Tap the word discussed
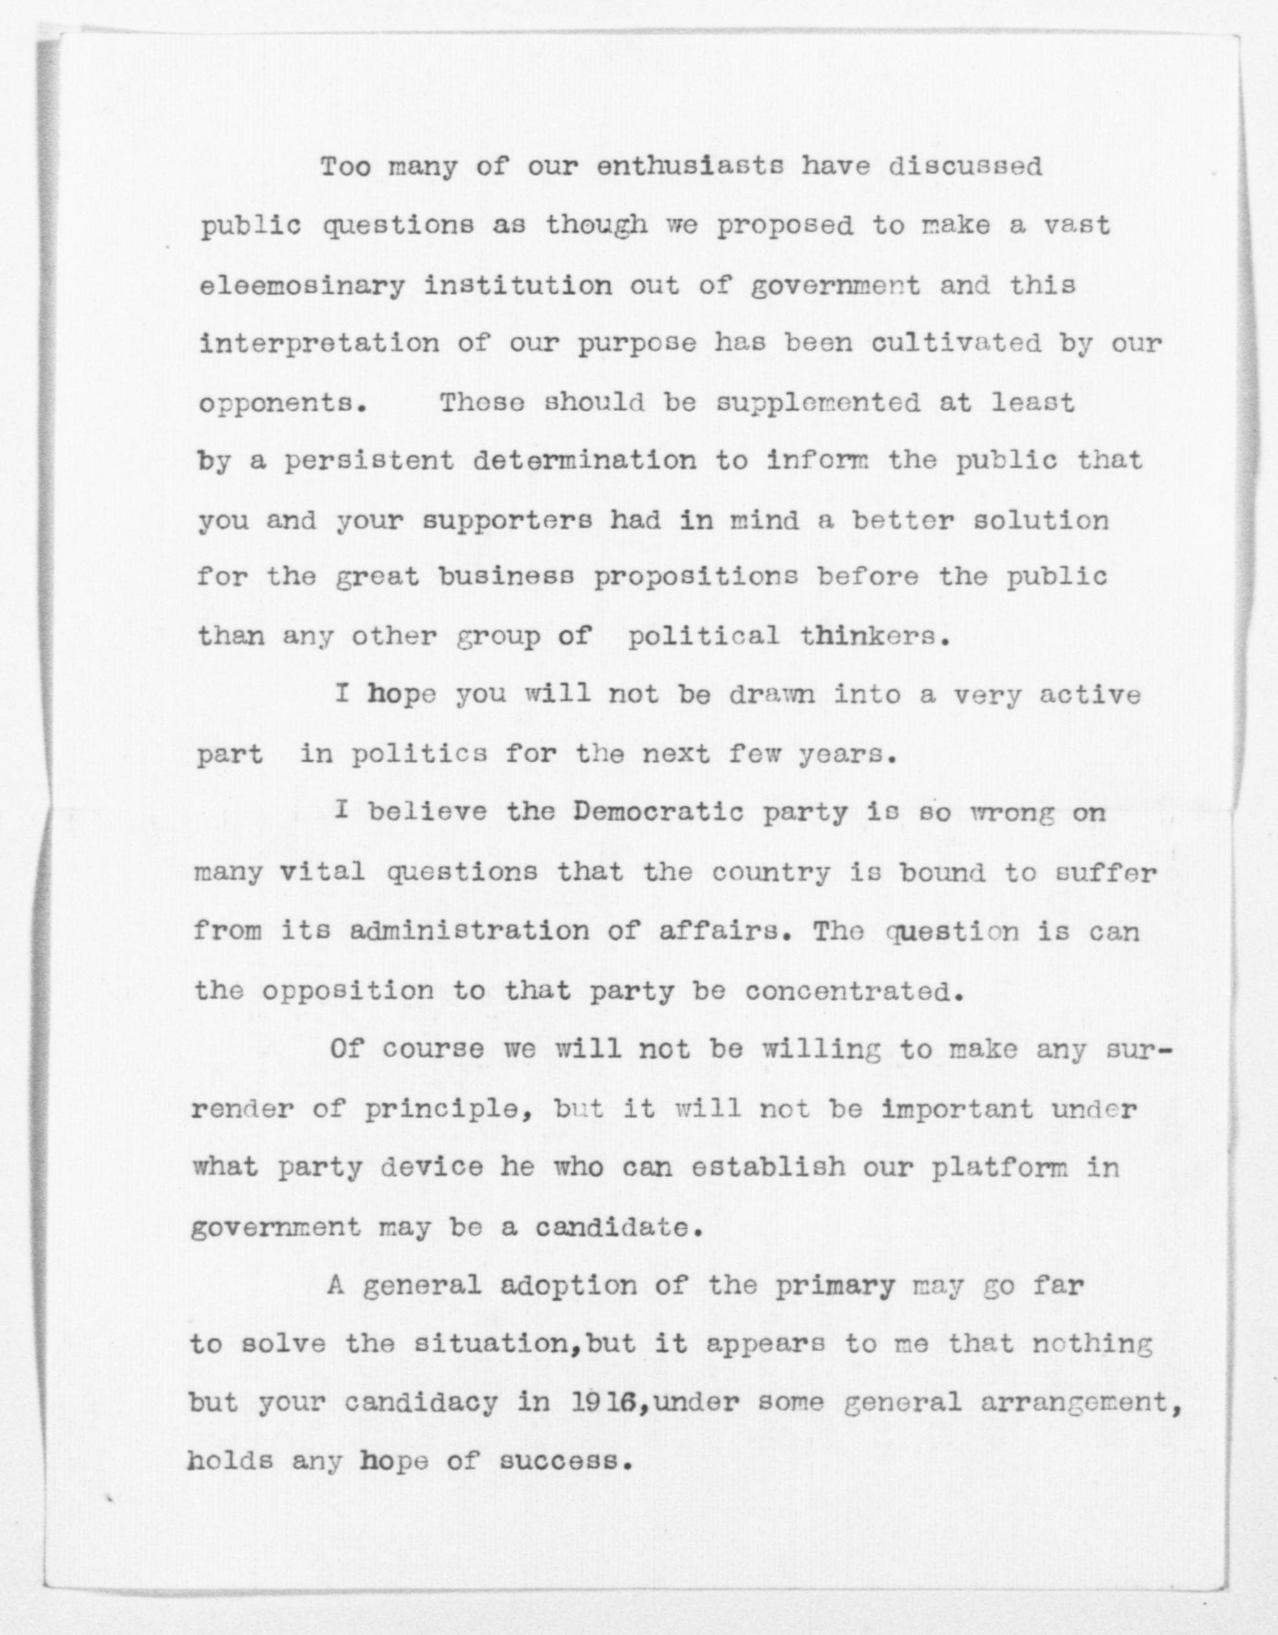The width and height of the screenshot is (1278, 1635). pyautogui.click(x=965, y=166)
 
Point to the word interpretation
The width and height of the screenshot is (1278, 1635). pyautogui.click(x=320, y=344)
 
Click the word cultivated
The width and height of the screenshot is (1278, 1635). pyautogui.click(x=956, y=344)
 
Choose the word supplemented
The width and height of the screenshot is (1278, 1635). pyautogui.click(x=818, y=403)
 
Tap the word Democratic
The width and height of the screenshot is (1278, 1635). pyautogui.click(x=660, y=813)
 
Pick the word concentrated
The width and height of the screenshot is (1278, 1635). pyautogui.click(x=851, y=991)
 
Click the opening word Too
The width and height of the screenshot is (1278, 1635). pyautogui.click(x=345, y=166)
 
